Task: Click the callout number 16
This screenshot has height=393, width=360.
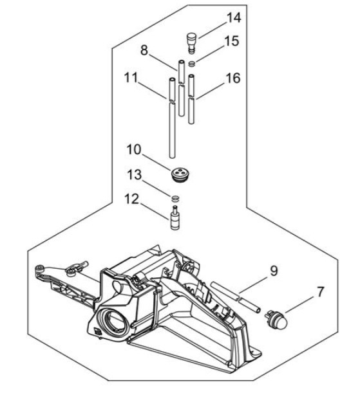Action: [233, 78]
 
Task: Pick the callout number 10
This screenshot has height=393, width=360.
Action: [135, 150]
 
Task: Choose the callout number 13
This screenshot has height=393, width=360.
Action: [134, 176]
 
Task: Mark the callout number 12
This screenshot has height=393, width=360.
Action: [133, 199]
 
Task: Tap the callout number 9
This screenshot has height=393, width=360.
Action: [274, 271]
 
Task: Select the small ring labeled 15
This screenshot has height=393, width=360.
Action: [191, 62]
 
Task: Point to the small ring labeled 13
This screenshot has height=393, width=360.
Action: [175, 196]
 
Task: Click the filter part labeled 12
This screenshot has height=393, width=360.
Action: [175, 219]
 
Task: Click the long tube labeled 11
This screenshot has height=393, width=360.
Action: [173, 122]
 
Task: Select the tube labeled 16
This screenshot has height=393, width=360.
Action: [192, 100]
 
